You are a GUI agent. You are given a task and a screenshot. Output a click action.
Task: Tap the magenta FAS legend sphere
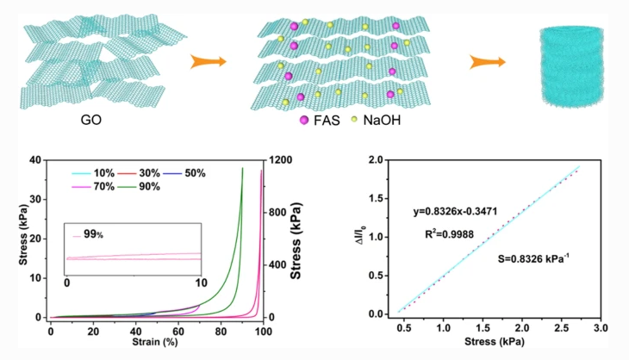303,120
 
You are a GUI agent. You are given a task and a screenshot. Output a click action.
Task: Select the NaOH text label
381,120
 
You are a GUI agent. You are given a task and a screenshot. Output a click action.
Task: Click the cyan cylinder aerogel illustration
568,65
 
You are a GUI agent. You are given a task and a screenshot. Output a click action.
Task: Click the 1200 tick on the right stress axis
278,160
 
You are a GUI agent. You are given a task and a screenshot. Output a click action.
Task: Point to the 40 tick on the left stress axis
35,160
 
